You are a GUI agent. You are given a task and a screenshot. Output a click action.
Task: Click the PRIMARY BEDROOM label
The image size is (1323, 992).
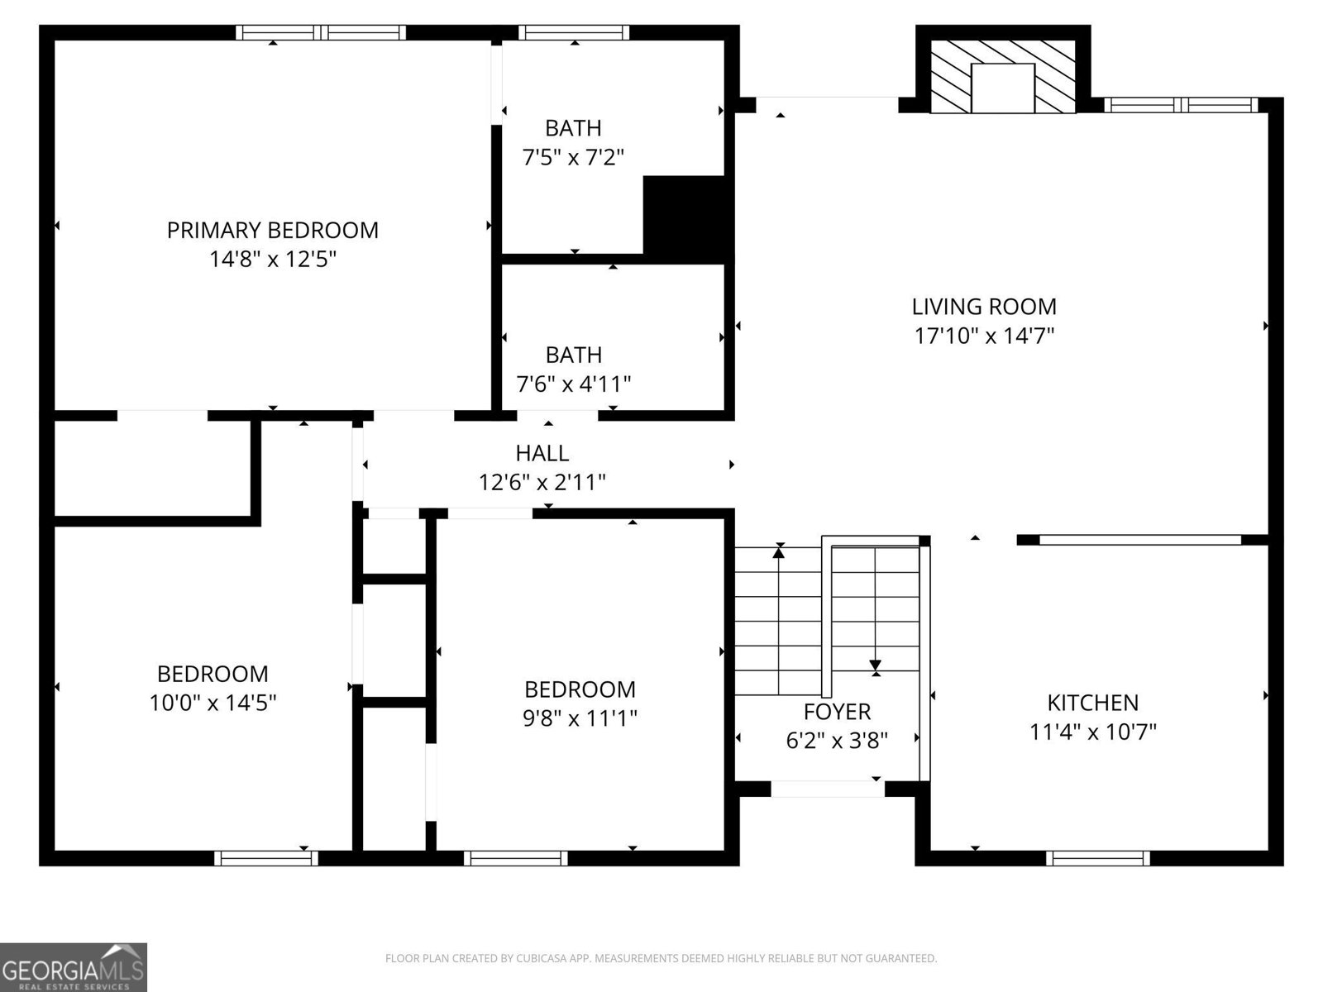[x=272, y=230]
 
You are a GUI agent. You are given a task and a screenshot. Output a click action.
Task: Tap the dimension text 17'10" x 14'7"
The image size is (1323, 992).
[x=984, y=336]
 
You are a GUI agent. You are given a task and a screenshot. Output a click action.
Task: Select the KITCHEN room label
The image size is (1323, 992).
[x=1092, y=703]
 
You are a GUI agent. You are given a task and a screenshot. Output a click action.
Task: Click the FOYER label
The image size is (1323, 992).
[x=837, y=711]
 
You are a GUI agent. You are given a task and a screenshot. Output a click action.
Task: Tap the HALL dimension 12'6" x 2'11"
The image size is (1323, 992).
[x=542, y=482]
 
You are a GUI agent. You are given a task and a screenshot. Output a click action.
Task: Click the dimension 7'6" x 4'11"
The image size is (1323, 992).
[x=573, y=384]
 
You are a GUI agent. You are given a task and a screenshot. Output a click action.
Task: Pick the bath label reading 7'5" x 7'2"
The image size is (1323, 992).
[x=573, y=156]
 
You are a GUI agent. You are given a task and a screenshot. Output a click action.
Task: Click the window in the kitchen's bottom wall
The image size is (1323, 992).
[x=1097, y=858]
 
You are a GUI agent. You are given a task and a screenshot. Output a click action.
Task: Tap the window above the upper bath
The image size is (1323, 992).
[x=574, y=33]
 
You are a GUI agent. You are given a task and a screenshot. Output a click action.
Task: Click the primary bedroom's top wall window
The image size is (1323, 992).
[x=321, y=33]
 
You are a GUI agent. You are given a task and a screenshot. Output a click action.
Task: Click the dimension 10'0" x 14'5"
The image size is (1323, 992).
[x=213, y=703]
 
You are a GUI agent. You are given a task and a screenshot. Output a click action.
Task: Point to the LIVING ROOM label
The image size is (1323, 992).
[x=984, y=307]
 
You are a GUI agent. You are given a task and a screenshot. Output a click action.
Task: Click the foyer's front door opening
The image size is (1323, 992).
[x=827, y=789]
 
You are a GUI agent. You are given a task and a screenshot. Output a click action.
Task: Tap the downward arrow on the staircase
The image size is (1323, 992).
[x=875, y=664]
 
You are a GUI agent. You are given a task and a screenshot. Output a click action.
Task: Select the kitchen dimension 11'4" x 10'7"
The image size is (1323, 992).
[x=1092, y=732]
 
